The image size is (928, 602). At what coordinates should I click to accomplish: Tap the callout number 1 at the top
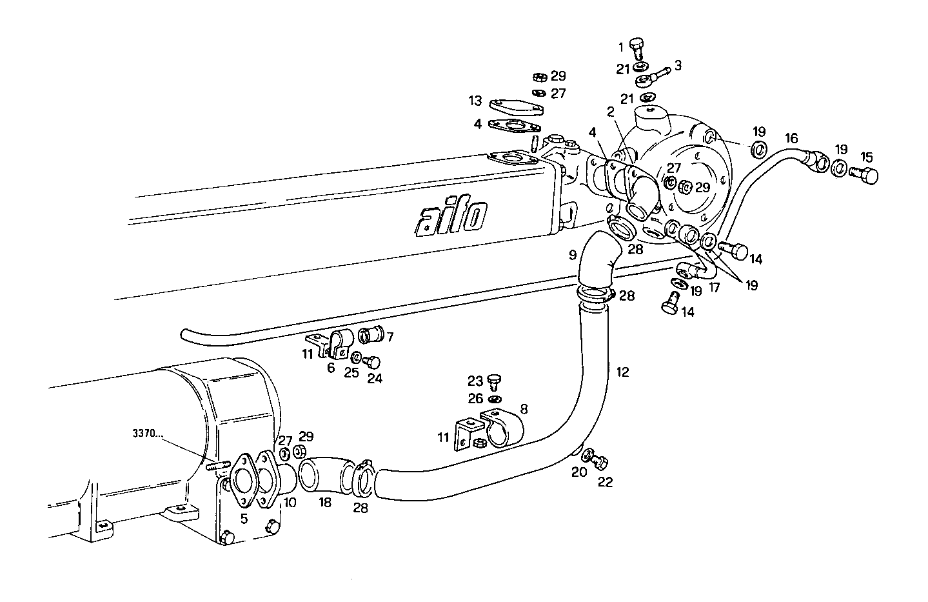[x=622, y=46]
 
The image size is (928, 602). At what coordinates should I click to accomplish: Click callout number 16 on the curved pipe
[x=791, y=138]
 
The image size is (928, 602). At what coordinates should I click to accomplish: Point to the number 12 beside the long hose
[x=622, y=372]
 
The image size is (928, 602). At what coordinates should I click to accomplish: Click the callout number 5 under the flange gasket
[x=244, y=518]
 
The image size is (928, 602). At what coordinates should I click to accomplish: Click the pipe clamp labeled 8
[x=502, y=428]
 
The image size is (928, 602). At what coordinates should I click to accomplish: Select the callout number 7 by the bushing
[x=390, y=337]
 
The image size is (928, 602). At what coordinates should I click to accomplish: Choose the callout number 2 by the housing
[x=609, y=112]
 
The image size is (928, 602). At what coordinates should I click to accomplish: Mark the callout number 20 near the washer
[x=579, y=472]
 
